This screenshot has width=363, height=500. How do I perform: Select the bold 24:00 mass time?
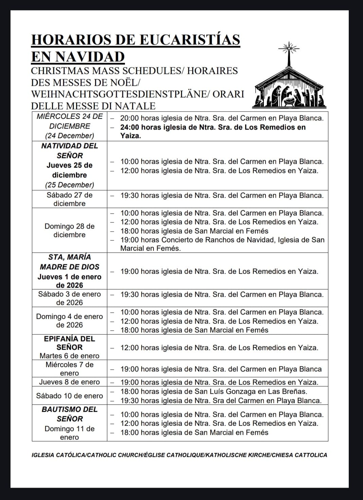click(x=129, y=127)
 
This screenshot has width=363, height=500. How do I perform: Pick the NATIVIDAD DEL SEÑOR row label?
click(x=70, y=151)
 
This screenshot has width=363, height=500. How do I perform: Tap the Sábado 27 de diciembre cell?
click(x=70, y=199)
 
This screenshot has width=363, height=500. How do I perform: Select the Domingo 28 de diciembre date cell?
click(x=70, y=230)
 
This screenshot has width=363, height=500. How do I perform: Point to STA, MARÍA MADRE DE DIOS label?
click(x=70, y=262)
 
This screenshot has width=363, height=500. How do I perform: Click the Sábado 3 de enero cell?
click(x=70, y=298)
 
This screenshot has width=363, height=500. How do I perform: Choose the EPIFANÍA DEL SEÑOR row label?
click(x=70, y=343)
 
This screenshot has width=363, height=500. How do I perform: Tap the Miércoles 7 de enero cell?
click(x=70, y=369)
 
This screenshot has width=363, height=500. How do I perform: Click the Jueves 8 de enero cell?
click(x=70, y=382)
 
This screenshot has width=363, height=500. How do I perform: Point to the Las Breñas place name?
click(x=293, y=391)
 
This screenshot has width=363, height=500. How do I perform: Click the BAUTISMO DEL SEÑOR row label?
click(x=70, y=414)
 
